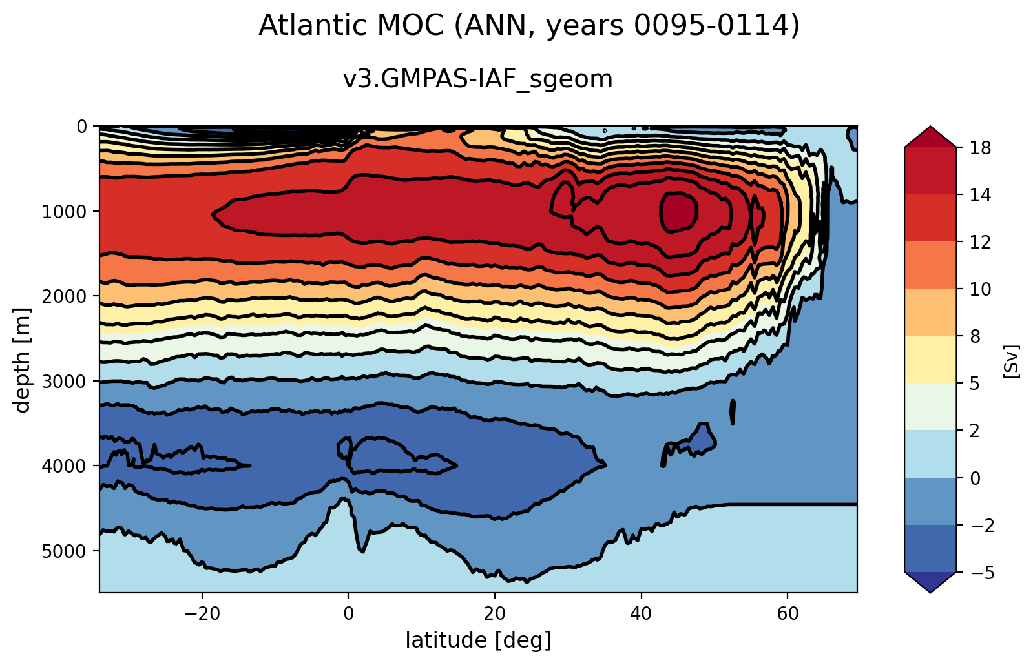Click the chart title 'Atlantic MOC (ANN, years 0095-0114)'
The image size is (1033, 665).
click(x=529, y=26)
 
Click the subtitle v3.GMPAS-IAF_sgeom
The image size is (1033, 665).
click(x=477, y=79)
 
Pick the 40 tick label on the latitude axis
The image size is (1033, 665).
click(x=641, y=611)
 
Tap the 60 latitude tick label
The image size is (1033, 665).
click(x=788, y=611)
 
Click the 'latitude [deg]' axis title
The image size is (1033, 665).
click(x=478, y=640)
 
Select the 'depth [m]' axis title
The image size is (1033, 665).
click(x=23, y=359)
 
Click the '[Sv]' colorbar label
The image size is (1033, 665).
click(x=1012, y=360)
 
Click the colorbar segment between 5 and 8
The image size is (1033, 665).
click(x=930, y=359)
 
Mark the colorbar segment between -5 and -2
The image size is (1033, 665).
click(x=930, y=548)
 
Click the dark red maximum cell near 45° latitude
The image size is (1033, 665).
click(x=678, y=212)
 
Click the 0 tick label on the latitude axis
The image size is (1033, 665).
click(x=348, y=611)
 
